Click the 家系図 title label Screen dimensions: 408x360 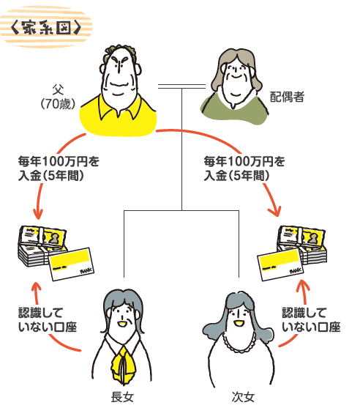pyautogui.click(x=50, y=29)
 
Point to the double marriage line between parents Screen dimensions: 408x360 pyautogui.click(x=181, y=88)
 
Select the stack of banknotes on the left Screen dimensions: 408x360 pyautogui.click(x=40, y=246)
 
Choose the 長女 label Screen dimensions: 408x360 pyautogui.click(x=121, y=397)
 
